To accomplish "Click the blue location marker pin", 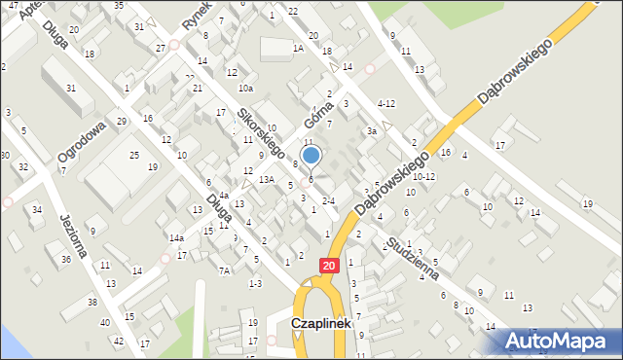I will point(311,156).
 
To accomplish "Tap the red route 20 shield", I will point(330,265).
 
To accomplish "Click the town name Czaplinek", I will point(322,324).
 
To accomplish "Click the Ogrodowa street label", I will point(81,143).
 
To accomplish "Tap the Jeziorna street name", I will point(74,235).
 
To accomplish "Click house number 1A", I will point(299,48).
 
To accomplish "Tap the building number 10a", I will point(246,88).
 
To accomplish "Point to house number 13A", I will point(266,179).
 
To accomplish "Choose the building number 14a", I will point(176,238).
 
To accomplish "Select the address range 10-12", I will point(423,177).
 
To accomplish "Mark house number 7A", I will point(224,270).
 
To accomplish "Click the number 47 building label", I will point(14,5).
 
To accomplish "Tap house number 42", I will point(119,341).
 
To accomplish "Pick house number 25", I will point(134,156).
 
